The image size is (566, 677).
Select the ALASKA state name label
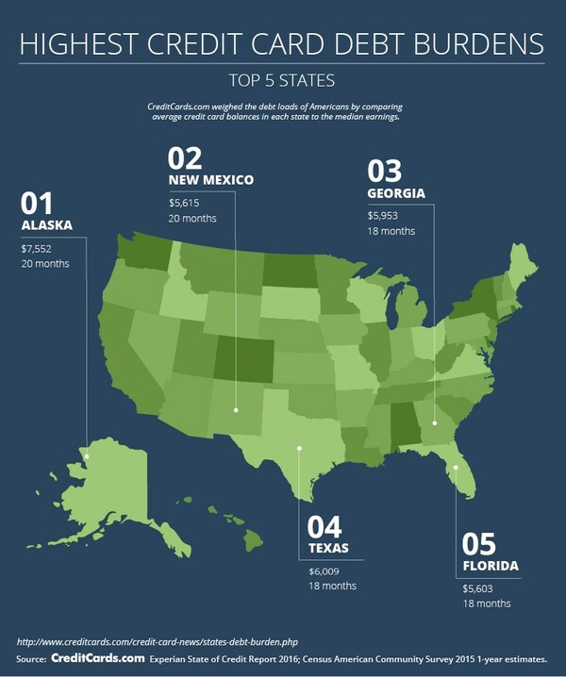click(x=47, y=226)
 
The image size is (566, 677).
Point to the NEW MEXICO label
click(x=210, y=179)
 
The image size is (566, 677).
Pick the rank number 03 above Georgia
click(x=385, y=171)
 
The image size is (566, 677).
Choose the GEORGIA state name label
click(x=397, y=193)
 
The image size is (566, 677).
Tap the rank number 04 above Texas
click(x=325, y=526)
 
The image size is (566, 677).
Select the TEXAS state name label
click(x=329, y=548)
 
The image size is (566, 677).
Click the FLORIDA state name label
click(x=491, y=567)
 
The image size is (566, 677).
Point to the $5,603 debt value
click(x=478, y=588)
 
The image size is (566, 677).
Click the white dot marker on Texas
click(x=300, y=448)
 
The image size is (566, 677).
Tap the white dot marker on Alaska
click(x=86, y=456)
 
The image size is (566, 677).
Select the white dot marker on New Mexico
click(x=236, y=410)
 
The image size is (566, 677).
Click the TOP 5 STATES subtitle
click(x=282, y=79)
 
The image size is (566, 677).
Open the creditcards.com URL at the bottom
click(x=152, y=642)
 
